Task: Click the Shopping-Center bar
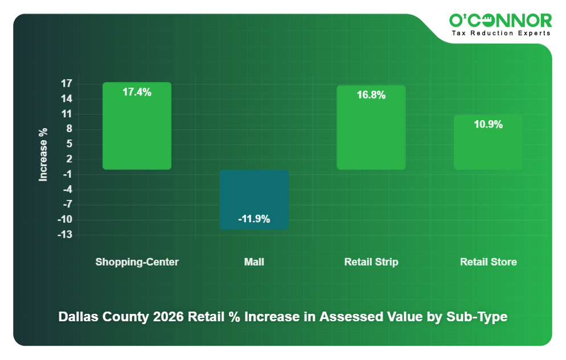pyautogui.click(x=137, y=131)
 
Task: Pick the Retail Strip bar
pyautogui.click(x=371, y=134)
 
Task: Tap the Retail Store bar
pyautogui.click(x=488, y=145)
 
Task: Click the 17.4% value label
pyautogui.click(x=137, y=92)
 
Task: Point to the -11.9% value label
pyautogui.click(x=254, y=219)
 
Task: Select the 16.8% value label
pyautogui.click(x=371, y=95)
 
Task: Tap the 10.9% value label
pyautogui.click(x=488, y=124)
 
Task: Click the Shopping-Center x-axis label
pyautogui.click(x=137, y=262)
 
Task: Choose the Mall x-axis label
pyautogui.click(x=254, y=262)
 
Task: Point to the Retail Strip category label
pyautogui.click(x=371, y=262)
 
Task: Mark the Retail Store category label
pyautogui.click(x=488, y=262)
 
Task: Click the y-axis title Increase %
pyautogui.click(x=43, y=154)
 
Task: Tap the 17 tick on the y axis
pyautogui.click(x=67, y=84)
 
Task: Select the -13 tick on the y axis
pyautogui.click(x=65, y=235)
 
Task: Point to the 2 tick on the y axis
pyautogui.click(x=69, y=159)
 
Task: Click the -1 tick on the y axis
pyautogui.click(x=67, y=174)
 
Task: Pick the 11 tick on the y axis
pyautogui.click(x=67, y=114)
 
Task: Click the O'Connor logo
pyautogui.click(x=501, y=21)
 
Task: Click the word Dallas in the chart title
pyautogui.click(x=77, y=317)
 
